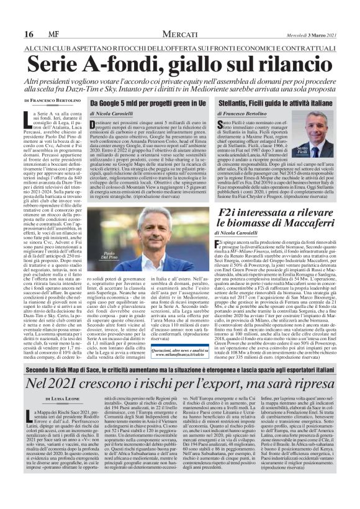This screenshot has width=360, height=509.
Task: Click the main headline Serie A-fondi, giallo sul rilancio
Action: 180,64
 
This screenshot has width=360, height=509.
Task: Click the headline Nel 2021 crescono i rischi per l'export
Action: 180,384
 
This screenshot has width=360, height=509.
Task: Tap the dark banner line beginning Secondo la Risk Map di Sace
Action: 180,367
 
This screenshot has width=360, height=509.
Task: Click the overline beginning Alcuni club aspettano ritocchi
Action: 180,47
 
